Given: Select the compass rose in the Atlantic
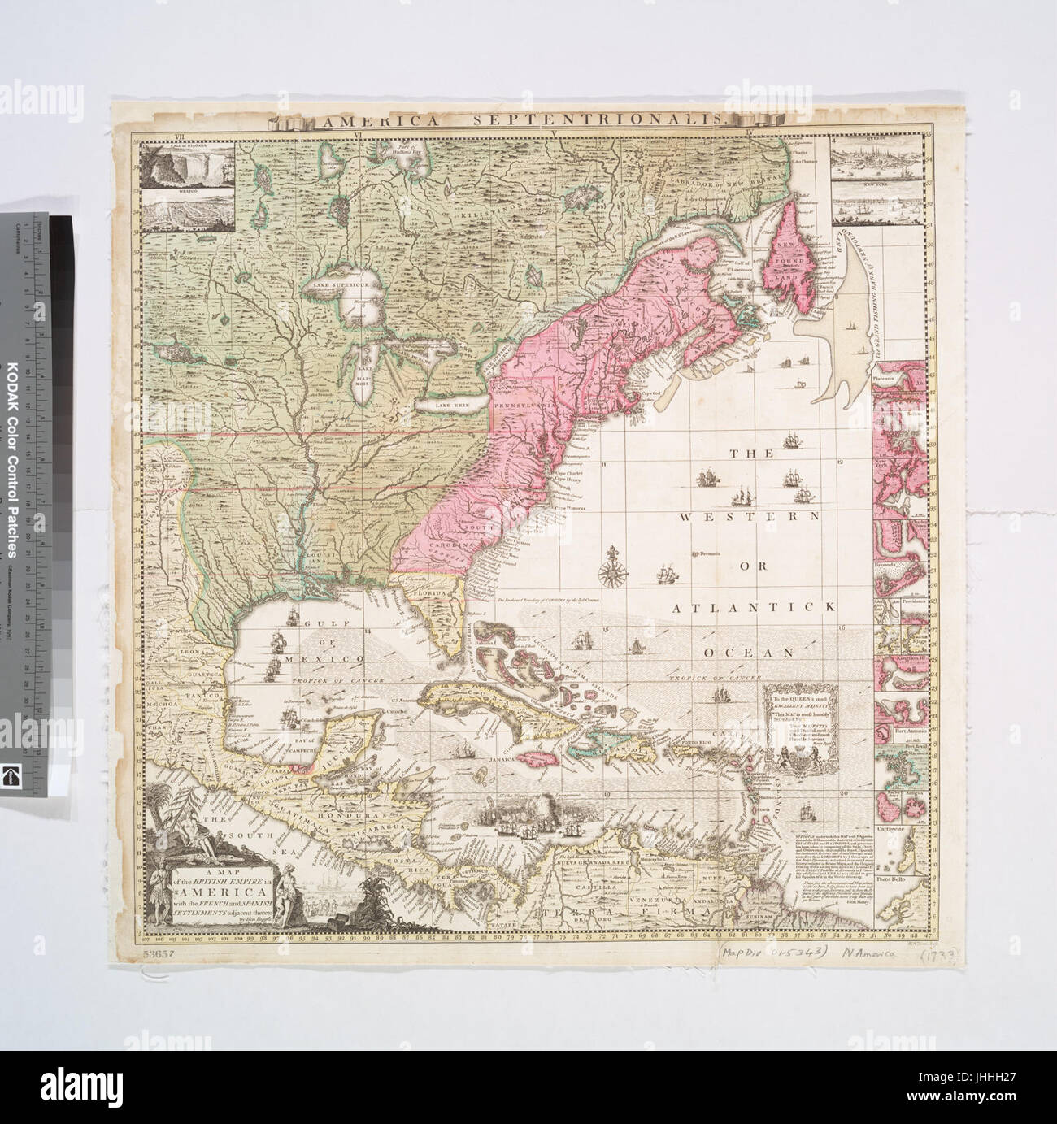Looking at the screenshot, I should [610, 566].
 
